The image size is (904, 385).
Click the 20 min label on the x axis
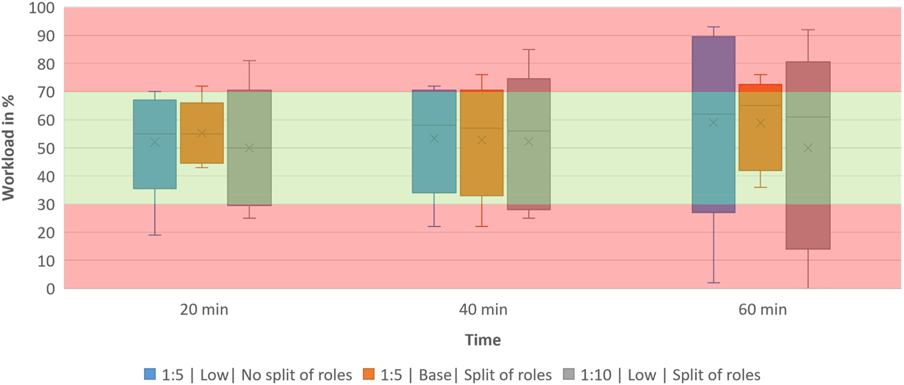click(204, 310)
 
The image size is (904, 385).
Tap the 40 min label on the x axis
click(483, 310)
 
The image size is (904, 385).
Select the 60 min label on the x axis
click(762, 310)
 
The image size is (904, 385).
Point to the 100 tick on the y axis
click(42, 8)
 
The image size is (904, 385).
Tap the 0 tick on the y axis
click(50, 289)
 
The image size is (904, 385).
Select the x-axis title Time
click(483, 340)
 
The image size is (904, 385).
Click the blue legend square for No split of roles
click(150, 375)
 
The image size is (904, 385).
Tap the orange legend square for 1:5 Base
click(369, 375)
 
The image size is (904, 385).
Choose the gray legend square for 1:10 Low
click(569, 375)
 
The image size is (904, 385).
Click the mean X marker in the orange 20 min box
click(202, 133)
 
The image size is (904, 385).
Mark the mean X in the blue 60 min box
click(714, 122)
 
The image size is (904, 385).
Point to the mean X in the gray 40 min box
click(529, 142)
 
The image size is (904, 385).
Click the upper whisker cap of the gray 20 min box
click(249, 61)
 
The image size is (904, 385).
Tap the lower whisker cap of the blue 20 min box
click(155, 235)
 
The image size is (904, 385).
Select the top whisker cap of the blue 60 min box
click(714, 27)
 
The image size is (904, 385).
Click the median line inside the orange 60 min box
click(760, 105)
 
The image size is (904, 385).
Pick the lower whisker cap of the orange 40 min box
click(481, 226)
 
